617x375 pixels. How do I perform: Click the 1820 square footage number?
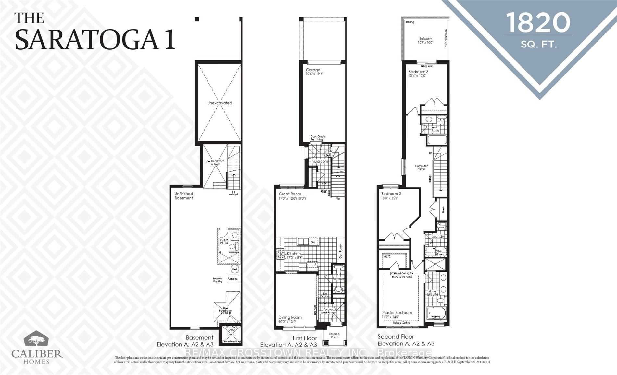538,23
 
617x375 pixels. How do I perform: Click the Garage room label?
313,70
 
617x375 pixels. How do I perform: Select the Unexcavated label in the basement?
220,103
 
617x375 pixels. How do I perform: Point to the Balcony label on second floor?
425,38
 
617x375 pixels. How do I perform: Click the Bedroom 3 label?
418,72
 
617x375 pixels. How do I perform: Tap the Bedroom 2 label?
391,194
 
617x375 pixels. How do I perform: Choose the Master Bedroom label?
397,313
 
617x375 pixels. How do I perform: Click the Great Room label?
290,194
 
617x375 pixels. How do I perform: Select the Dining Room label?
290,317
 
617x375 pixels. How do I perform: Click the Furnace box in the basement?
233,279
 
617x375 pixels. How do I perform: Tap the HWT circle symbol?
235,269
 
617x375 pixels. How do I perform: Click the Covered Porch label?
334,336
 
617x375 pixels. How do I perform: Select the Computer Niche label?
421,167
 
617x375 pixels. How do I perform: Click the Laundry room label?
438,237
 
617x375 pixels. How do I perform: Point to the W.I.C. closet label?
387,256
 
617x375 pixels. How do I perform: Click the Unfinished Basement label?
183,196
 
